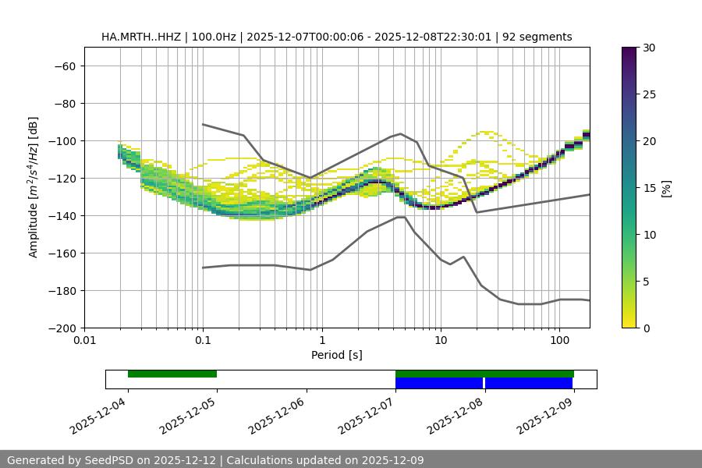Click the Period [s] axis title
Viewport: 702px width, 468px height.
coord(336,355)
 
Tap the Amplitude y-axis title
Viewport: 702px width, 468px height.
coord(34,187)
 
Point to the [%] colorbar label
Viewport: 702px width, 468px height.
coord(665,188)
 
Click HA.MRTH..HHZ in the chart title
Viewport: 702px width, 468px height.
coord(141,37)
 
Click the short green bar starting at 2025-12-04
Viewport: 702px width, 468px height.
coord(172,374)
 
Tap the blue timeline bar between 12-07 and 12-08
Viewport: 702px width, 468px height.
coord(439,383)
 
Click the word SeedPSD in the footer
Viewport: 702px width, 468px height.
coord(110,460)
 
